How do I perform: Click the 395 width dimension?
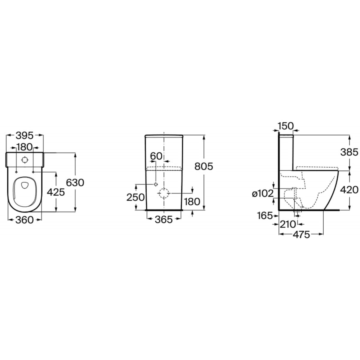point(25,136)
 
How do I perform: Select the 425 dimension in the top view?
point(56,192)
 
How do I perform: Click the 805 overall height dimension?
point(204,166)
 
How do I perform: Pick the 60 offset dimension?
point(156,156)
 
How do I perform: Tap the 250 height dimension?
point(135,197)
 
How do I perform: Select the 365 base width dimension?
point(164,220)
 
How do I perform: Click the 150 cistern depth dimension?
point(286,126)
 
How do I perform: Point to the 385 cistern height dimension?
point(349,152)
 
